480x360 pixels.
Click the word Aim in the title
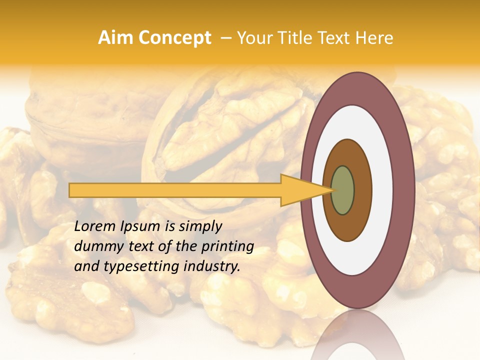pos(115,38)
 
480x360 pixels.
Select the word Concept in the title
pos(174,38)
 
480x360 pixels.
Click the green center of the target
pos(343,190)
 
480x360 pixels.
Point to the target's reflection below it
pos(358,335)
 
